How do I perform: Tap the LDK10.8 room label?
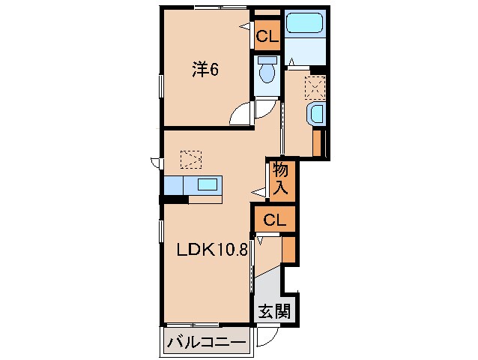[x=212, y=250]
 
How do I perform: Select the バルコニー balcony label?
[x=206, y=342]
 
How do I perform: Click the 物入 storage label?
[x=281, y=180]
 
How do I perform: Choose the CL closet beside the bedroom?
[x=267, y=35]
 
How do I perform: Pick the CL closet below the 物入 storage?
[x=274, y=220]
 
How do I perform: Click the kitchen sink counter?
[x=193, y=185]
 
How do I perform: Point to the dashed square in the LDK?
[x=192, y=158]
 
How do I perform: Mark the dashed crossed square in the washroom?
[x=315, y=88]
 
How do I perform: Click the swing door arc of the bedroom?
[x=241, y=115]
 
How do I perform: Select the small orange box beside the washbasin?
[x=317, y=142]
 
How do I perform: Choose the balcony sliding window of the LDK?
[x=192, y=325]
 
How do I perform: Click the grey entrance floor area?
[x=267, y=288]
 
